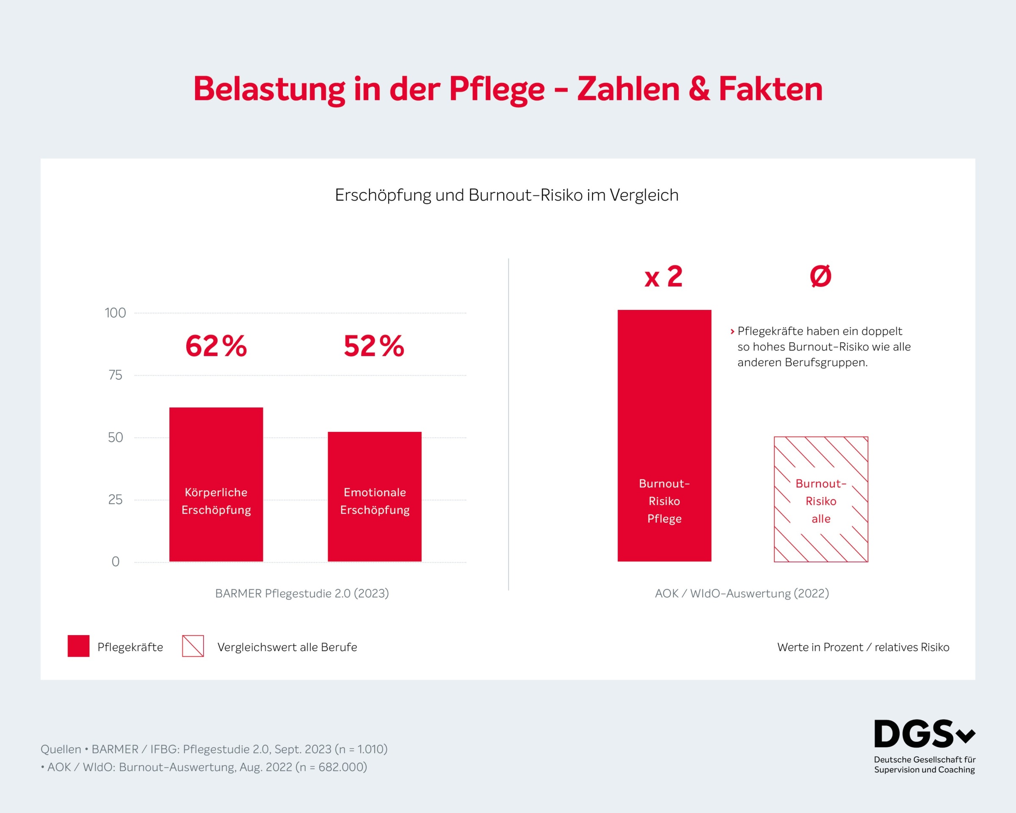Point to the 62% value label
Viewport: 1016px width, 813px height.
[216, 346]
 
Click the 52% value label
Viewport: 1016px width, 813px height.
[374, 346]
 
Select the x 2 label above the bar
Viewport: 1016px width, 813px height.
[663, 277]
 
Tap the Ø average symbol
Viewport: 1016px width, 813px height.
[820, 276]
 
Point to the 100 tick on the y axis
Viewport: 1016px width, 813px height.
[115, 313]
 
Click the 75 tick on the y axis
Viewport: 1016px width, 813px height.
[115, 375]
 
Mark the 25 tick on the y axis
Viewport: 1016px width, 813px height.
[115, 500]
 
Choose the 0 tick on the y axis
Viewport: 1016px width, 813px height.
[115, 562]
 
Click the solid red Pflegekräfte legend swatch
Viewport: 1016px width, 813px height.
[78, 646]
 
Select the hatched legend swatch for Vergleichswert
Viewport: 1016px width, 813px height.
[193, 646]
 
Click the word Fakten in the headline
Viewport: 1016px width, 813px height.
[770, 89]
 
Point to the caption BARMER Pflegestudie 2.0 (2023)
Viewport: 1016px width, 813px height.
[301, 593]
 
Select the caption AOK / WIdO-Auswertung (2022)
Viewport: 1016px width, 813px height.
[742, 593]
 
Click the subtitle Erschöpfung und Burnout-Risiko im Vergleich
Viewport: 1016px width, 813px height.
[507, 195]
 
